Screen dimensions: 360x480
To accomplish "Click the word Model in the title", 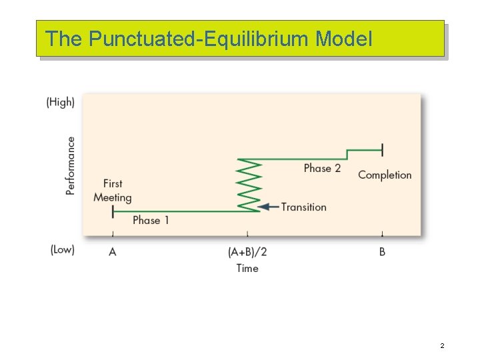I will pyautogui.click(x=343, y=39).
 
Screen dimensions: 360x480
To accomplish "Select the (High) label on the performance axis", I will pyautogui.click(x=60, y=102).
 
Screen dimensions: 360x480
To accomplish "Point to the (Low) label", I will pyautogui.click(x=62, y=249).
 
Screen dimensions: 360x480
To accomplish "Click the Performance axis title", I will pyautogui.click(x=71, y=165).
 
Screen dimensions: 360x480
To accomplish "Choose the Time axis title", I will pyautogui.click(x=247, y=268).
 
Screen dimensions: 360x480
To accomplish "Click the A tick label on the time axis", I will pyautogui.click(x=112, y=252).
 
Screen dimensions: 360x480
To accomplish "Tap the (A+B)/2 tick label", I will pyautogui.click(x=247, y=252).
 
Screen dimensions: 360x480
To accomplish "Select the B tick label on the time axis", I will pyautogui.click(x=382, y=252).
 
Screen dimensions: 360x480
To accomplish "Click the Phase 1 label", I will pyautogui.click(x=151, y=220).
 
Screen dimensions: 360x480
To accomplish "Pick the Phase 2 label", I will pyautogui.click(x=322, y=168).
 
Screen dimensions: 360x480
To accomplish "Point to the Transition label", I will pyautogui.click(x=304, y=207).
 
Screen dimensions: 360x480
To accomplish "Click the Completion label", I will pyautogui.click(x=385, y=175).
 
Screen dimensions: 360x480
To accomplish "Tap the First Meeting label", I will pyautogui.click(x=113, y=190).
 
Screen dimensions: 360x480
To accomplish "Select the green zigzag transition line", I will pyautogui.click(x=248, y=185).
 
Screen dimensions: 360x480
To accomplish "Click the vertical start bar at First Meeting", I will pyautogui.click(x=113, y=211).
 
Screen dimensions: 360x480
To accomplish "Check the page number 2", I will pyautogui.click(x=441, y=346).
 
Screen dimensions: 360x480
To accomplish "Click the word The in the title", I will pyautogui.click(x=63, y=39).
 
